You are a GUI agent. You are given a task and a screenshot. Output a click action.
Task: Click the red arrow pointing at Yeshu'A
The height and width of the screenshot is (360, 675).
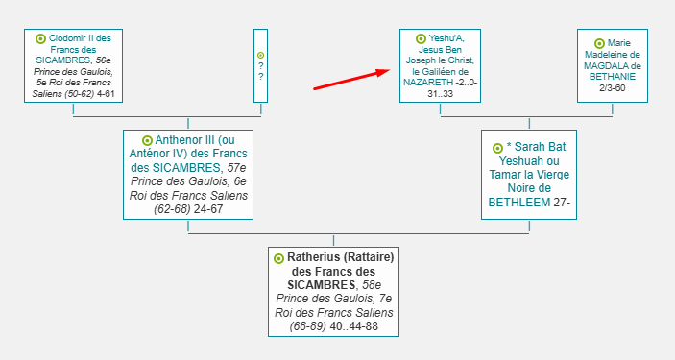tap(351, 80)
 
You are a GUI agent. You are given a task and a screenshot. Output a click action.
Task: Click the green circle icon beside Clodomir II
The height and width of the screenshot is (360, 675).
tap(40, 39)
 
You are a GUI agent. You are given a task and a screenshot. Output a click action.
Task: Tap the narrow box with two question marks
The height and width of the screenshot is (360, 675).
tap(260, 66)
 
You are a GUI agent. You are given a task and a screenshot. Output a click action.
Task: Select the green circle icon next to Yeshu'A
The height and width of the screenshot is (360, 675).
tap(421, 39)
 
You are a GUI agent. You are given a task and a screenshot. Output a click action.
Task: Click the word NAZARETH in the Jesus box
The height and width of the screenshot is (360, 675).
tap(428, 83)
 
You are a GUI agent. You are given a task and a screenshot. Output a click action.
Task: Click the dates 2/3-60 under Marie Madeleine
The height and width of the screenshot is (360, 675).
tap(613, 88)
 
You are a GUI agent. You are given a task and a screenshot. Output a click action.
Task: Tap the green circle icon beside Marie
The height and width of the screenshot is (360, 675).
tap(599, 43)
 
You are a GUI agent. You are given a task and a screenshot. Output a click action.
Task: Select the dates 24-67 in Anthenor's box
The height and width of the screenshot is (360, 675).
tap(208, 209)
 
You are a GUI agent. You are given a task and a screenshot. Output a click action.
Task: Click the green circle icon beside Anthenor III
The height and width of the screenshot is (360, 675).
tap(147, 140)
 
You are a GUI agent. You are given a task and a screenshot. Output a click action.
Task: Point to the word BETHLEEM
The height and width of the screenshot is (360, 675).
tap(519, 202)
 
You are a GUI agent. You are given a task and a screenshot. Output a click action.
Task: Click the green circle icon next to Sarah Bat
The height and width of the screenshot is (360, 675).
tap(497, 148)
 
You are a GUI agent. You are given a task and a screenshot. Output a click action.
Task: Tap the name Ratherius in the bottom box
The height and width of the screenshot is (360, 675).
tap(313, 257)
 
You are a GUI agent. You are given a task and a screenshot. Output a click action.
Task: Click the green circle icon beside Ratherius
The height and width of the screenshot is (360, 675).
tap(279, 258)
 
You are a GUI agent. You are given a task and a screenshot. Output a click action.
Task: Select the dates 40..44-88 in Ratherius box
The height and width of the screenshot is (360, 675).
tap(354, 326)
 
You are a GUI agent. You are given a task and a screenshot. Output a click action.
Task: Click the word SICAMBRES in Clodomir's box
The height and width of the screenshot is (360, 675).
tap(63, 60)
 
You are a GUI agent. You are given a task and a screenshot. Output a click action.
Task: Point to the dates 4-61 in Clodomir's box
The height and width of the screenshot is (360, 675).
tap(106, 93)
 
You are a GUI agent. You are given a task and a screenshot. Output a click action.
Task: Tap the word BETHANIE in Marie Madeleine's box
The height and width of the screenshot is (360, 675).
tap(613, 77)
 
